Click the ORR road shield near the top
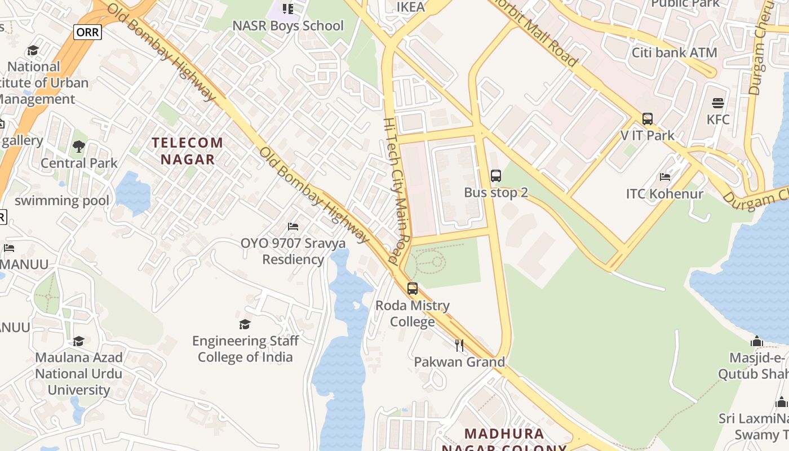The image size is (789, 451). (87, 32)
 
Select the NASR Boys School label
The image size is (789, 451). (288, 25)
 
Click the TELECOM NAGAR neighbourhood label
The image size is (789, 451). (188, 151)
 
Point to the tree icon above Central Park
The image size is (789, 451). (79, 147)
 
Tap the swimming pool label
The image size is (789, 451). (62, 200)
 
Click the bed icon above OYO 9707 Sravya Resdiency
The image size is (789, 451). (293, 227)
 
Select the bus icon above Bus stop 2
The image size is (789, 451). (496, 176)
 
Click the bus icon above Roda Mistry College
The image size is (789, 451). (413, 289)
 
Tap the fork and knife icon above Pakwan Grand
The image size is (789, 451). (459, 345)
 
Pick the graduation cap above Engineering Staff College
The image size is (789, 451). (245, 324)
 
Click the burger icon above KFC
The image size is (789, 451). (718, 103)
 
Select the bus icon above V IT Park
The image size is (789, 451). (648, 119)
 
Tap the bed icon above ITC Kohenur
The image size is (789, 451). (665, 177)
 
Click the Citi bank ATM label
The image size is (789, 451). (674, 52)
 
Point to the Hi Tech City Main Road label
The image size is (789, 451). (398, 192)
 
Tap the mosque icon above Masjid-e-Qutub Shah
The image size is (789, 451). (757, 341)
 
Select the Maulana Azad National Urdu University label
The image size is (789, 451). (79, 373)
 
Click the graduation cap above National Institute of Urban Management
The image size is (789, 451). (33, 50)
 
